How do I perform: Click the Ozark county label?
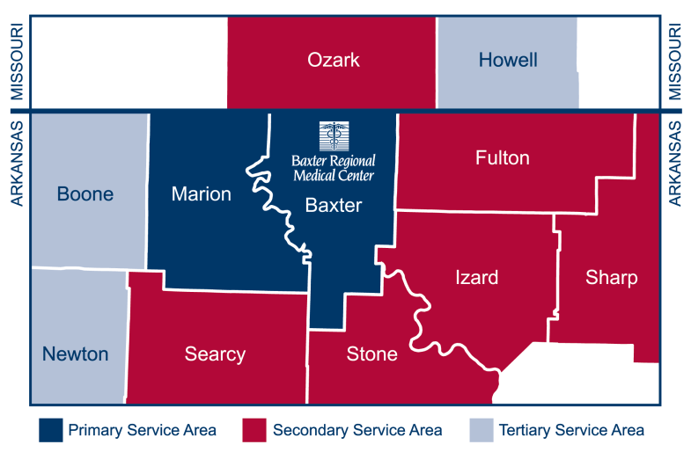point(334,60)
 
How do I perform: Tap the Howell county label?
point(508,60)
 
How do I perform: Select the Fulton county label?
point(502,157)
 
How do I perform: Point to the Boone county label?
point(85,193)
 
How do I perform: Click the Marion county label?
point(202,193)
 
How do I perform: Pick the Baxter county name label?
point(334,205)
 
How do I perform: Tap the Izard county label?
point(476,278)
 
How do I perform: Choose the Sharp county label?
point(611,278)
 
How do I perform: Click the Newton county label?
point(76,354)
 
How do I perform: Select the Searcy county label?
point(215,354)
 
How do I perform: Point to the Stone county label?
point(371,354)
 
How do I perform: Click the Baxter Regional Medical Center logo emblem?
point(334,135)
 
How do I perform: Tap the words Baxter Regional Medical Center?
point(334,168)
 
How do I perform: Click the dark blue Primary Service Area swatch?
point(50,430)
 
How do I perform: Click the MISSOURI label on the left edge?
point(15,62)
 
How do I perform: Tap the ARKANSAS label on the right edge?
point(676,163)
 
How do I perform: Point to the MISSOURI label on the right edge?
point(676,62)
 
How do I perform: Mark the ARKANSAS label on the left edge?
point(15,163)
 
